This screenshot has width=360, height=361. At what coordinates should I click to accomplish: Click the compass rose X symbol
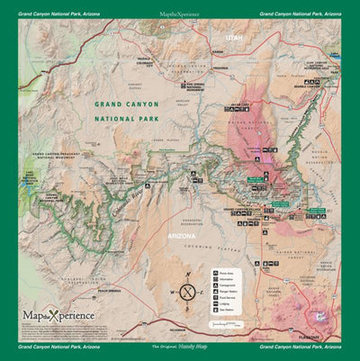[187, 290]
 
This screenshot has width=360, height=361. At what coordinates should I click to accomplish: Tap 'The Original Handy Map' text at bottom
[180, 347]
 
